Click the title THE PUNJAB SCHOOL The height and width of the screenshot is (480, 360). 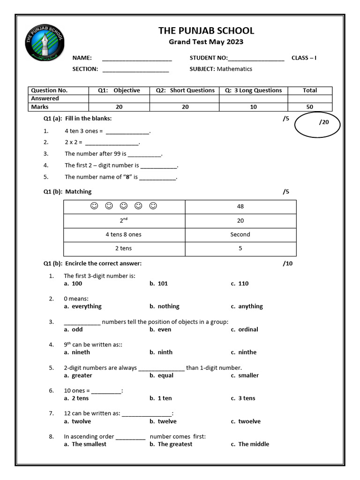[206, 31]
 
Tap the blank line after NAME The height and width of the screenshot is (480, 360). [137, 59]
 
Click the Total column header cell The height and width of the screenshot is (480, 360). [310, 90]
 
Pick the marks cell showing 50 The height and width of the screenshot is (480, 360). [310, 107]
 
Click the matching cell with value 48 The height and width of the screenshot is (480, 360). [240, 206]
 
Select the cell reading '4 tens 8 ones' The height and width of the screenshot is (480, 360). [124, 234]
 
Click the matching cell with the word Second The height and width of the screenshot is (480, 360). [240, 234]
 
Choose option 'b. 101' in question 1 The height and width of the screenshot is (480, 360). [159, 284]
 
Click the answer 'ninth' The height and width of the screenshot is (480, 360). [161, 352]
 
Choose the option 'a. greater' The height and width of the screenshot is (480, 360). [78, 375]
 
